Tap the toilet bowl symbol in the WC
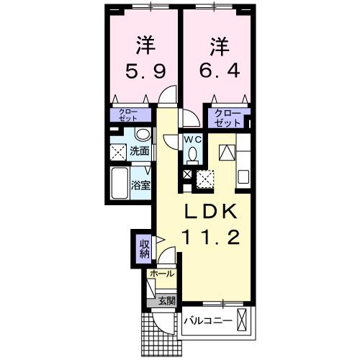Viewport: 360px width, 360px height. (x=192, y=153)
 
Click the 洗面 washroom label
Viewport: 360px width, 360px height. (x=140, y=151)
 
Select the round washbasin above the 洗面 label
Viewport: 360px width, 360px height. (x=143, y=135)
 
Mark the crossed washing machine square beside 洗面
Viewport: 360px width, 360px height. (x=118, y=151)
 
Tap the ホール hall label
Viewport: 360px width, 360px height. (x=160, y=274)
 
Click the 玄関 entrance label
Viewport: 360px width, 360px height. (x=166, y=300)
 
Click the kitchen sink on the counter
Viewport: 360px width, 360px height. (x=243, y=175)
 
